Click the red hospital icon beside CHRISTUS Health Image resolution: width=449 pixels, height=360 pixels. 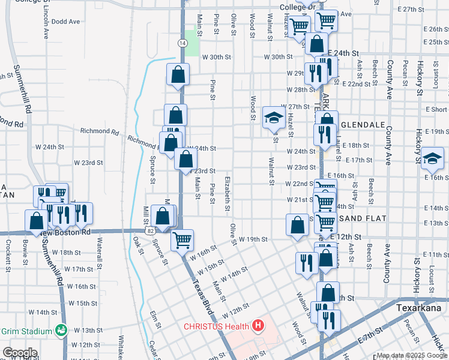pyautogui.click(x=258, y=326)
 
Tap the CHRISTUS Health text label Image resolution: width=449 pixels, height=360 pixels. pyautogui.click(x=217, y=326)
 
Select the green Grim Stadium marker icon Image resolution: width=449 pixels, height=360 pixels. pyautogui.click(x=61, y=330)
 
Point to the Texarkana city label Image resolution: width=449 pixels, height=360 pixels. pyautogui.click(x=420, y=307)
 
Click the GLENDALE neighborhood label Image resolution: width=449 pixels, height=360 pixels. pyautogui.click(x=362, y=124)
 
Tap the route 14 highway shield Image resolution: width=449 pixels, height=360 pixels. pyautogui.click(x=182, y=42)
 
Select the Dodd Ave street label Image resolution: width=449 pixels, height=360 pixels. pyautogui.click(x=65, y=22)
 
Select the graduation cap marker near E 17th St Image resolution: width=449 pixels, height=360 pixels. pyautogui.click(x=432, y=158)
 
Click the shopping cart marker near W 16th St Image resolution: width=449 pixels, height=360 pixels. pyautogui.click(x=182, y=241)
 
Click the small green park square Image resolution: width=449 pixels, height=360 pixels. pyautogui.click(x=191, y=47)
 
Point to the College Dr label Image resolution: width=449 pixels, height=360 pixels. pyautogui.click(x=297, y=8)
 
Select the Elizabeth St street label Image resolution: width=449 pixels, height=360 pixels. pyautogui.click(x=228, y=193)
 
